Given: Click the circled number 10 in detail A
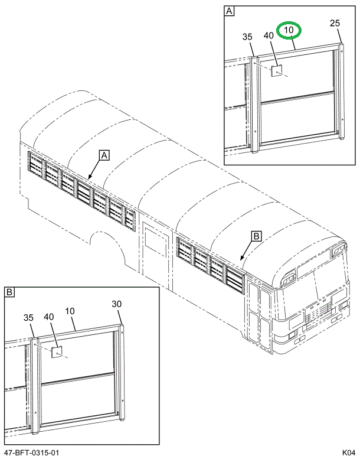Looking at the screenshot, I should coord(289,30).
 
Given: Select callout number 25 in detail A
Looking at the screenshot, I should coord(335,24).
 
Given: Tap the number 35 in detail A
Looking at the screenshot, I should coord(247,37).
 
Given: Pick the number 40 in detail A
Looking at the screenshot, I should coord(268,35).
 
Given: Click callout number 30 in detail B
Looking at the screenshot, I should coord(116,304).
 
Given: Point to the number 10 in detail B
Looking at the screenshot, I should coord(70,310).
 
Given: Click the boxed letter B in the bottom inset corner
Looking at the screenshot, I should coord(10,292).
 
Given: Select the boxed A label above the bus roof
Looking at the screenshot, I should coord(103,155).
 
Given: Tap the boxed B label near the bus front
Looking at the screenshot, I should coord(256,236).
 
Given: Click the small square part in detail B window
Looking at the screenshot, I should coord(57,353).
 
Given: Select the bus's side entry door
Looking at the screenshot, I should coord(155,254).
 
